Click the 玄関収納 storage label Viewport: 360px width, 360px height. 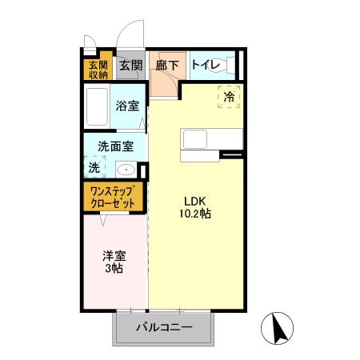tap(98, 70)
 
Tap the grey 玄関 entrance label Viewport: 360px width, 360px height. tap(130, 66)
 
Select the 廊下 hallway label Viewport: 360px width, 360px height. tap(167, 66)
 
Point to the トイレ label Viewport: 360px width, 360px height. tap(206, 65)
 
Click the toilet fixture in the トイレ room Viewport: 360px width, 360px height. tap(222, 66)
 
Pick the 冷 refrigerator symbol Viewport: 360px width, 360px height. tap(229, 97)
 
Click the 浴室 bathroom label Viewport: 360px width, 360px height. tap(127, 106)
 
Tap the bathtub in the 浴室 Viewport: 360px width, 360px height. tap(97, 106)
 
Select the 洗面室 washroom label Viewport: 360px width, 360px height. tap(115, 146)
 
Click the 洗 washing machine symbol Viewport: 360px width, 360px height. tap(94, 167)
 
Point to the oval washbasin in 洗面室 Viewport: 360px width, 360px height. tap(126, 170)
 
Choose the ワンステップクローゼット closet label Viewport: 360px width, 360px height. tap(113, 198)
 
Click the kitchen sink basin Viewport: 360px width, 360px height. tap(195, 139)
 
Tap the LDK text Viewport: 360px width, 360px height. tap(195, 202)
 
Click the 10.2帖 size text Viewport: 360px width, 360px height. tap(195, 214)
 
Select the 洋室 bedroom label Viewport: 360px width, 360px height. tap(114, 256)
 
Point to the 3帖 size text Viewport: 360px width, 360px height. tap(114, 268)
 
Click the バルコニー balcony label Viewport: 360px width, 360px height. tap(164, 327)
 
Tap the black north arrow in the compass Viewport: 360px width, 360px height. tap(279, 329)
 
